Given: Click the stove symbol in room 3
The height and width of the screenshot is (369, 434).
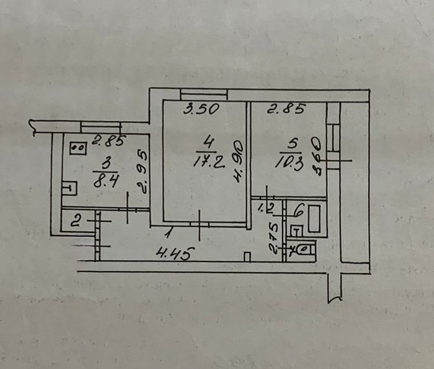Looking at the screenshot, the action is [x=79, y=148].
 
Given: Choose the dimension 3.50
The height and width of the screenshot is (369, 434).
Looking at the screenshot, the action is [x=198, y=110].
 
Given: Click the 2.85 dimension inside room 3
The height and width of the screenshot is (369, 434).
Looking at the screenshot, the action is [x=107, y=139].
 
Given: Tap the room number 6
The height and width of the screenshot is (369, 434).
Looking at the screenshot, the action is [x=299, y=209].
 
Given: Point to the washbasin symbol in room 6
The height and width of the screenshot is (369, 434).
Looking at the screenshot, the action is [x=296, y=229].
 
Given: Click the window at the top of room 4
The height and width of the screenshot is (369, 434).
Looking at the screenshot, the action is [x=202, y=93].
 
